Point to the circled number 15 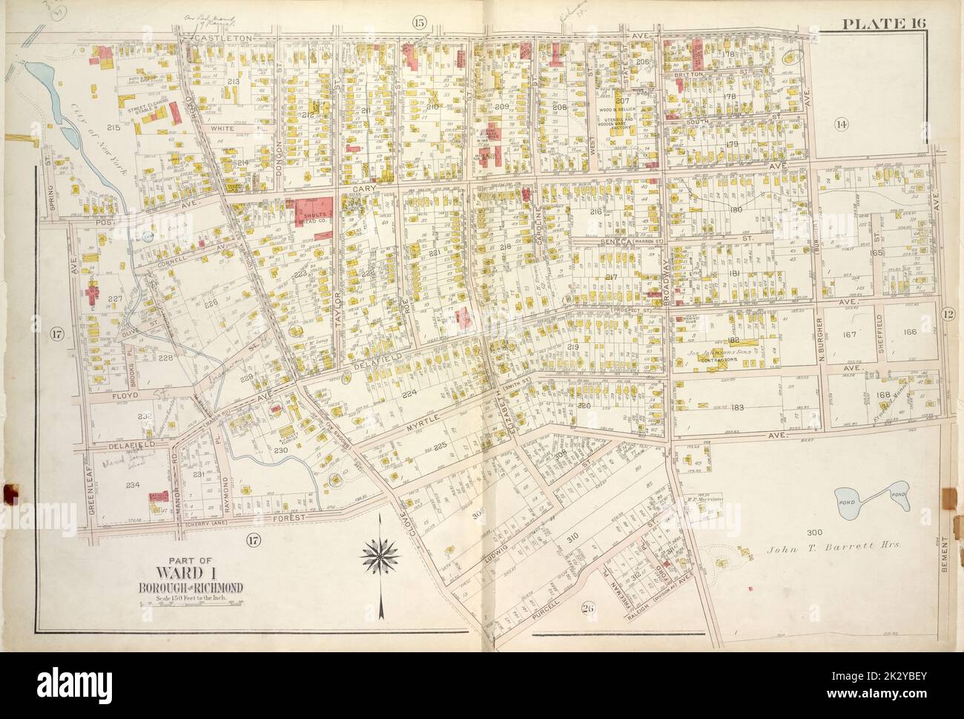pyautogui.click(x=419, y=23)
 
